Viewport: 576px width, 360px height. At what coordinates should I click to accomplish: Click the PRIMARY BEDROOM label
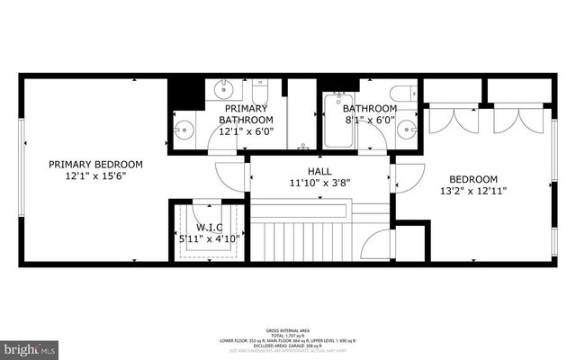pos(95,164)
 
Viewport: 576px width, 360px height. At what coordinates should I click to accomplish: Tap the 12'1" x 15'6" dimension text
pos(95,177)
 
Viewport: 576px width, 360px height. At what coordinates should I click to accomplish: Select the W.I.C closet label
pos(209,226)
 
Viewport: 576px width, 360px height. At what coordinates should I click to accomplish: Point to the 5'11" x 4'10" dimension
pos(209,238)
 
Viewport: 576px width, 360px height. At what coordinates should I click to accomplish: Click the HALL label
pos(319,170)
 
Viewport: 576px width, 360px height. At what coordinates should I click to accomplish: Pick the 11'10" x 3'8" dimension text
pos(319,183)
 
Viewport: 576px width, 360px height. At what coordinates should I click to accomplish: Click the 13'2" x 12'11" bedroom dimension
pos(472,191)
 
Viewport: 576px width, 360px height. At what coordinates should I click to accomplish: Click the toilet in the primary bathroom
pos(261,92)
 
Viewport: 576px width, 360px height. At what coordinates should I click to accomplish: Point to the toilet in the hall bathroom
pos(402,92)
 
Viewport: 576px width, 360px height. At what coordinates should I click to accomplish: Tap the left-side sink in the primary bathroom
pos(184,129)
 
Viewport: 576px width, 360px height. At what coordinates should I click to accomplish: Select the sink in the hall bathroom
pos(406,128)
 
